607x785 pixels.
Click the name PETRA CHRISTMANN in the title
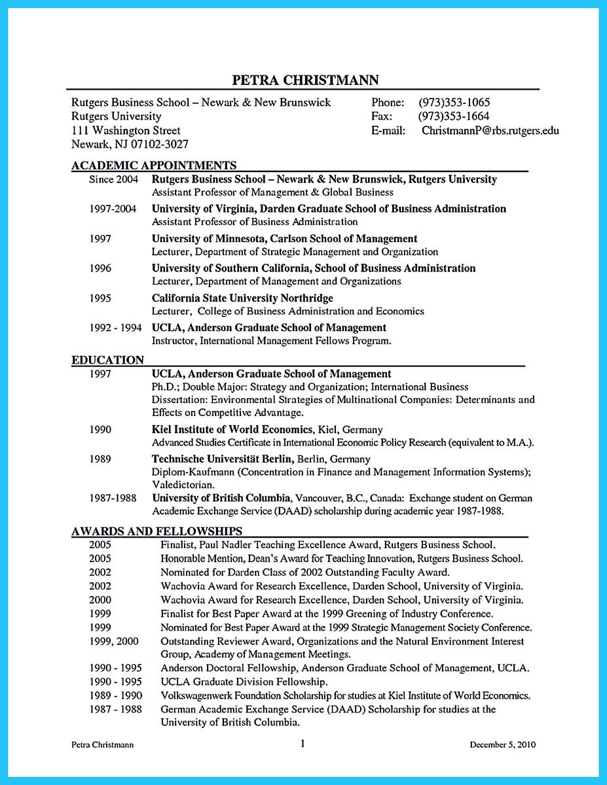305,80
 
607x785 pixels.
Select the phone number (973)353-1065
454,103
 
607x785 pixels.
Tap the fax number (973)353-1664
454,116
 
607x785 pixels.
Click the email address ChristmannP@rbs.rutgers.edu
490,131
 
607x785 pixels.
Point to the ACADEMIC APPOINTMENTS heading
154,166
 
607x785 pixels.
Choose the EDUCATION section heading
107,360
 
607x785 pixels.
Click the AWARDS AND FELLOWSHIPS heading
156,531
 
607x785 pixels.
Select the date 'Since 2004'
114,179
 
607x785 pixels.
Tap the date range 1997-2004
113,209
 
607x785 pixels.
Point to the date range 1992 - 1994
116,328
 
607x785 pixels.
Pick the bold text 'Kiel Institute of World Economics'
232,430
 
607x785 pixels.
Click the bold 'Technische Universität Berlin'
222,459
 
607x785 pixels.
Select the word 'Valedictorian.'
183,485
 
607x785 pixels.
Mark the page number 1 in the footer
303,744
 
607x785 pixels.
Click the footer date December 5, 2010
503,745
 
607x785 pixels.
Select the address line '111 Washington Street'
126,131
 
